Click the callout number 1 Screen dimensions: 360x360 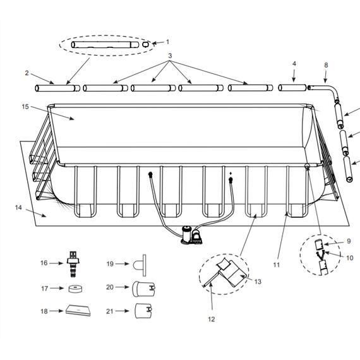pos(167,42)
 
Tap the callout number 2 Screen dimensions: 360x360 pos(27,73)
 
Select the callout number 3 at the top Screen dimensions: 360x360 pos(170,56)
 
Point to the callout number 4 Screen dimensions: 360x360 pos(294,64)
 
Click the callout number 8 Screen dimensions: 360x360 pos(326,64)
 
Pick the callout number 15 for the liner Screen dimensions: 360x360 pos(25,107)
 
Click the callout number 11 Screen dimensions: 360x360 pos(276,265)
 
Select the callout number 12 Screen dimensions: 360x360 pos(211,319)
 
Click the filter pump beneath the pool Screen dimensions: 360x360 pos(189,234)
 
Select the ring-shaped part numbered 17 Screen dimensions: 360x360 pos(74,290)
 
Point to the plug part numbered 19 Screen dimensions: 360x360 pos(140,264)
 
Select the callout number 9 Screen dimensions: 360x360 pos(347,241)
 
